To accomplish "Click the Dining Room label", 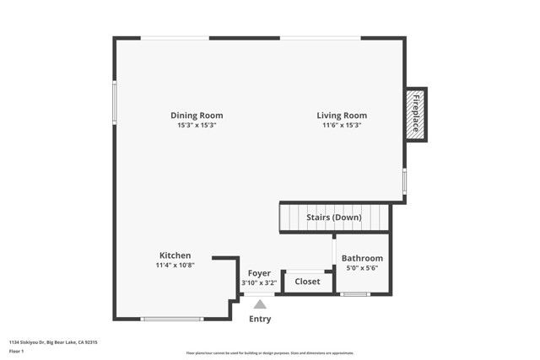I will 197,116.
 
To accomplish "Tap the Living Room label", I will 342,116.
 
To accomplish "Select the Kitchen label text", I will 175,255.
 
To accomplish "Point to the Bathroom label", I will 362,258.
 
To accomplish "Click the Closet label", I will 307,282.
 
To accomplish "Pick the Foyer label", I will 259,273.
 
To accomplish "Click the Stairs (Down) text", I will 335,218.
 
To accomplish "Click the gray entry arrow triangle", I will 261,304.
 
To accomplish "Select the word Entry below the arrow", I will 261,320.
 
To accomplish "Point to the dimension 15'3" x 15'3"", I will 197,126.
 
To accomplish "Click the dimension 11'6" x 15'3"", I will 342,126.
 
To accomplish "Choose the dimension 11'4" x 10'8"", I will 175,265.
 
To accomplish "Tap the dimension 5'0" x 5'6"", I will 362,268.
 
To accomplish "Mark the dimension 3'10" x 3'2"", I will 259,282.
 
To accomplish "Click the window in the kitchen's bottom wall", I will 171,319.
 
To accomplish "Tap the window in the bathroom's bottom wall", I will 354,293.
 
